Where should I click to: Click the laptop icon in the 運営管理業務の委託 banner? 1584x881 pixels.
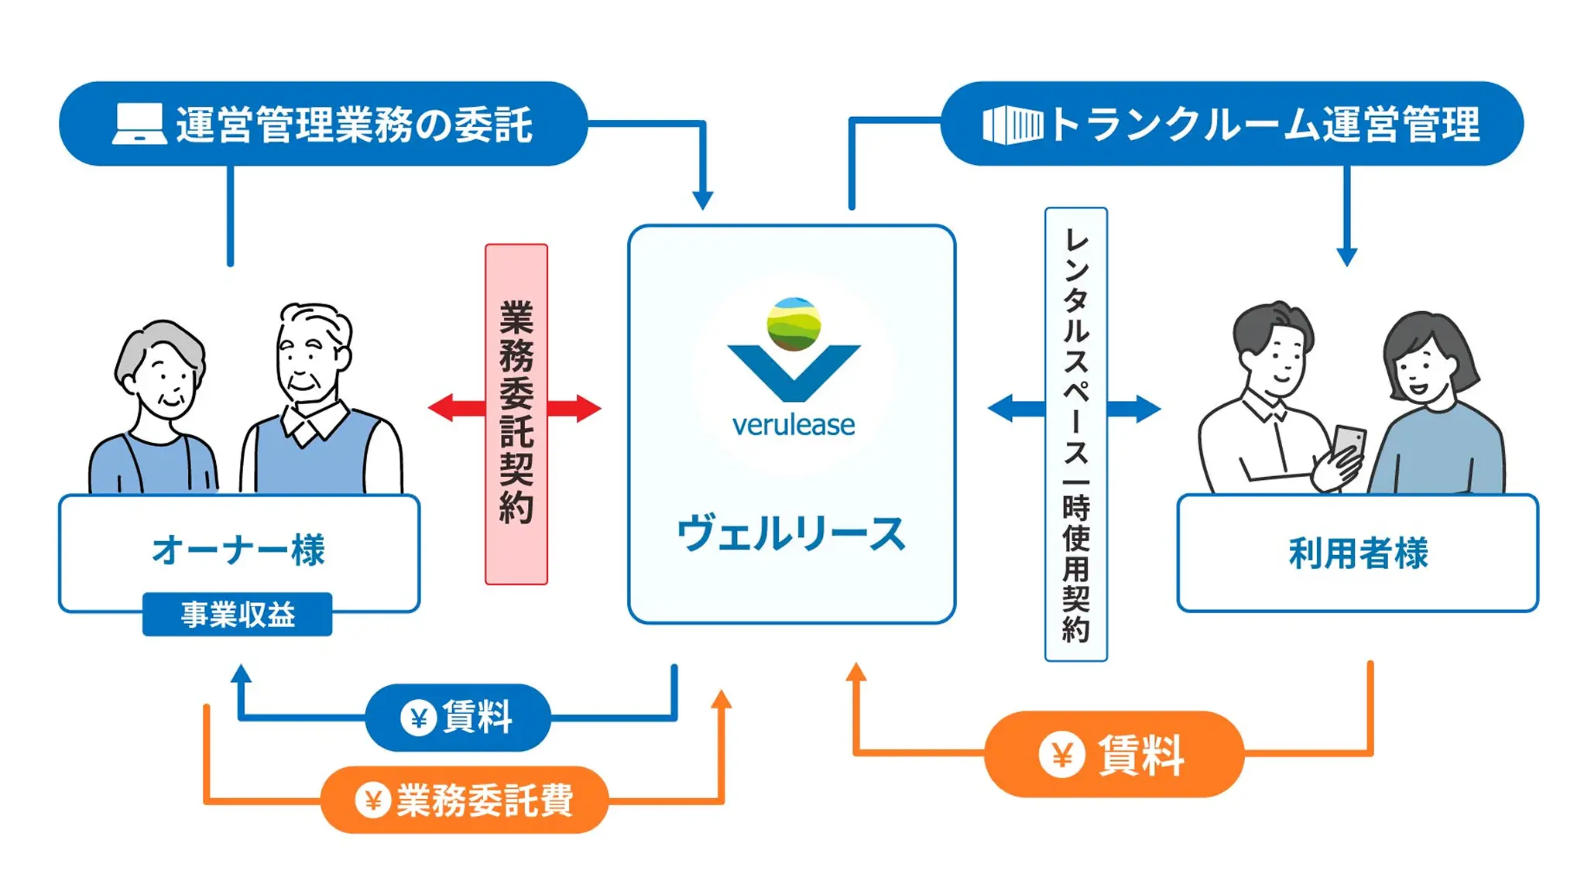(139, 124)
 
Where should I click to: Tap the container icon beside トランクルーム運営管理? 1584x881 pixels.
(1013, 125)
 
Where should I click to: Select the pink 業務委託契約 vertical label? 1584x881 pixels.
(516, 414)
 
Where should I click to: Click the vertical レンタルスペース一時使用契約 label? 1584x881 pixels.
(1075, 434)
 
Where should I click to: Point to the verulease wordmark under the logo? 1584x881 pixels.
(794, 425)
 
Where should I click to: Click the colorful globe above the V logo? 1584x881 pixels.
(794, 323)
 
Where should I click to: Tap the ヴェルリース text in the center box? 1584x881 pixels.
(791, 534)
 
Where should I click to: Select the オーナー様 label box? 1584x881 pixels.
(239, 550)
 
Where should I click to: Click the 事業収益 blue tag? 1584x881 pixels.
(238, 615)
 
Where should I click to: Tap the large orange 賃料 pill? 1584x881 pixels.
(1113, 755)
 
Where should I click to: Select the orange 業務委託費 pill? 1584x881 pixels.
(465, 800)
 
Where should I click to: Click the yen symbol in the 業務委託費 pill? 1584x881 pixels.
(372, 800)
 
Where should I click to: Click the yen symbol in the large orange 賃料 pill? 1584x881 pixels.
(1061, 755)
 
